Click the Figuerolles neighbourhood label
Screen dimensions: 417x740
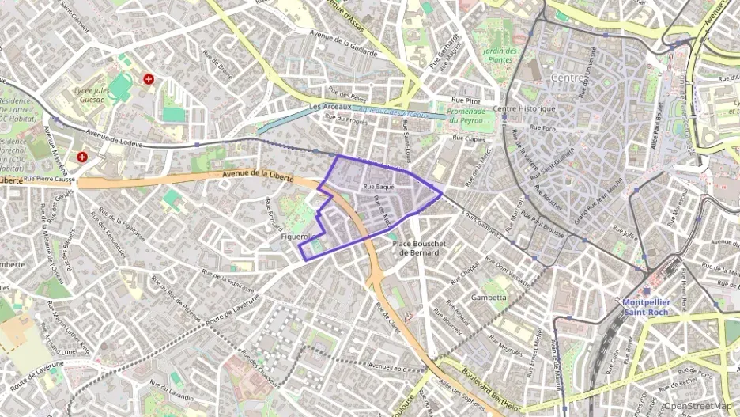point(300,237)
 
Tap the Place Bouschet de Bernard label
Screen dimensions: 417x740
point(421,248)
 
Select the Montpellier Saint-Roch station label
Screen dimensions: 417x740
point(645,307)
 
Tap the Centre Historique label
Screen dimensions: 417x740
point(524,108)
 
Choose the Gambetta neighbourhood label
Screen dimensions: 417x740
point(489,298)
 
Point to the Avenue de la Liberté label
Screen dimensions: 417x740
point(258,176)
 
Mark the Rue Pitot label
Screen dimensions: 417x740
point(466,100)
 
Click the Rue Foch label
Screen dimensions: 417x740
point(543,127)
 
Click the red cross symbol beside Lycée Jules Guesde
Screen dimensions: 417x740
point(149,79)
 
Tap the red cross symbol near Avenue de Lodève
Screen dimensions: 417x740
point(82,157)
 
